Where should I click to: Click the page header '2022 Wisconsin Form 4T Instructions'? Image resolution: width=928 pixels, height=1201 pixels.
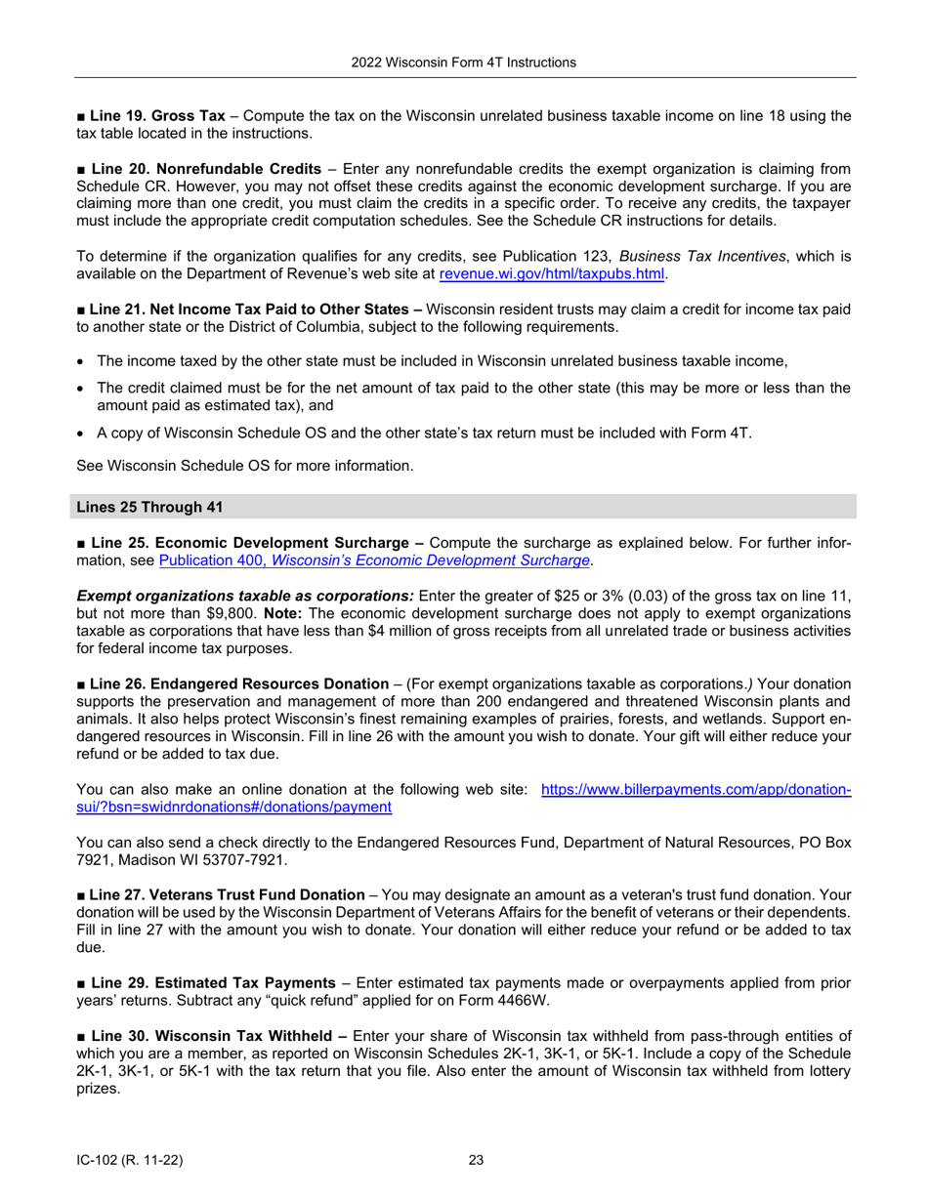click(x=464, y=62)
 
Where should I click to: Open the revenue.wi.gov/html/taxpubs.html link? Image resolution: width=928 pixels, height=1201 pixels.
click(x=552, y=274)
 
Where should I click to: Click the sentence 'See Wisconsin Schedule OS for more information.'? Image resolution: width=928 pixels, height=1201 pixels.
click(x=244, y=466)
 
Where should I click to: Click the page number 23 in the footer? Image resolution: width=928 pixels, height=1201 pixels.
click(x=476, y=1161)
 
